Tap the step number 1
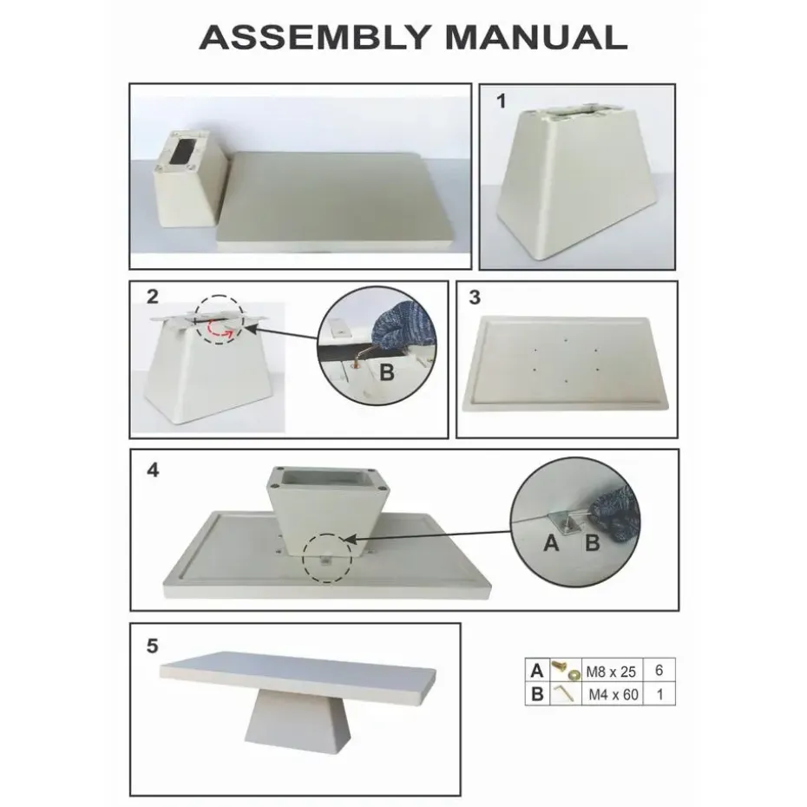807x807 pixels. pyautogui.click(x=501, y=102)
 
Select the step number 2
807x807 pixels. pyautogui.click(x=153, y=297)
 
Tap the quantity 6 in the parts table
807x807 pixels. pyautogui.click(x=659, y=671)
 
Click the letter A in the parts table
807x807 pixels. pyautogui.click(x=537, y=671)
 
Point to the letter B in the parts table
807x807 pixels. pyautogui.click(x=537, y=693)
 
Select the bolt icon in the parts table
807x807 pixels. pyautogui.click(x=564, y=671)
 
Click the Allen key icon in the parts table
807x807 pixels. pyautogui.click(x=564, y=693)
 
